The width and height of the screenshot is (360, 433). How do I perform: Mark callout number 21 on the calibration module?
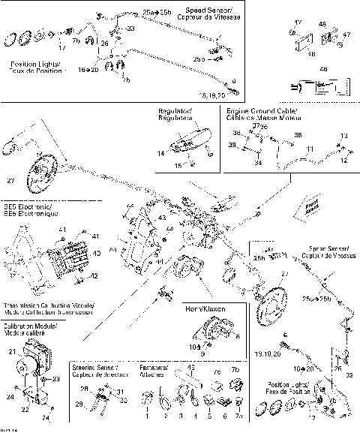[x=11, y=351]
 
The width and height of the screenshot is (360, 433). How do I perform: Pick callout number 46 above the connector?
[x=324, y=68]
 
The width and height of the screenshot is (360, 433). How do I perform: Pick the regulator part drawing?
[x=184, y=142]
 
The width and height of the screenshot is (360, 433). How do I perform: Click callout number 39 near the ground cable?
[x=231, y=143]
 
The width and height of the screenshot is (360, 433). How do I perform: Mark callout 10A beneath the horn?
[x=195, y=347]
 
